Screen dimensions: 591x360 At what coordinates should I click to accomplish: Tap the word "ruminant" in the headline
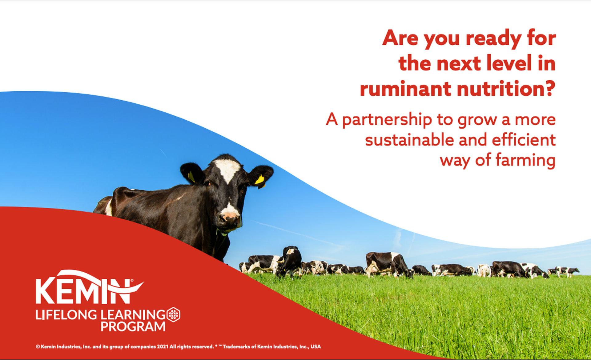tap(405, 89)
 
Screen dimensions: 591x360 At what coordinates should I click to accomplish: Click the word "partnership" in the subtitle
tap(387, 120)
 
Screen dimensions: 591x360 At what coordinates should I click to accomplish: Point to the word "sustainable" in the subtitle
tap(409, 140)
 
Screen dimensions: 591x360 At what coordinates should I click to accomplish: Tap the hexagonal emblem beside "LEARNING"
tap(173, 314)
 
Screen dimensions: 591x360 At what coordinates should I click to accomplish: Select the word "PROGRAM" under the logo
tap(133, 326)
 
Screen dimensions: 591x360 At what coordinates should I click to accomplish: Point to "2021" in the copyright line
tap(163, 346)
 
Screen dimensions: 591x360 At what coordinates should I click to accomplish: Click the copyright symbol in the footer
tap(38, 346)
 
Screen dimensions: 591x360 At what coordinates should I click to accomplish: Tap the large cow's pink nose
tap(230, 218)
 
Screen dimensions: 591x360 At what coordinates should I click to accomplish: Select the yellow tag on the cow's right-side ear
tap(260, 180)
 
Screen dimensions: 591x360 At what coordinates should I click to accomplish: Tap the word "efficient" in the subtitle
tap(524, 140)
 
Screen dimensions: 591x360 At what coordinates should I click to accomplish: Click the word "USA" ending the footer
tap(316, 346)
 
